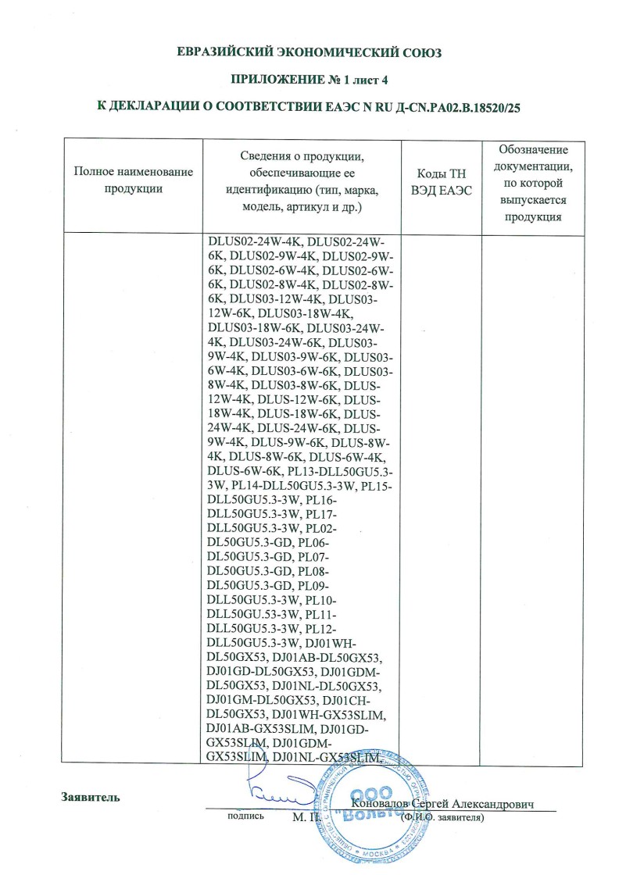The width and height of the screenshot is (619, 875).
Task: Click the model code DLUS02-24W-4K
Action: tap(252, 241)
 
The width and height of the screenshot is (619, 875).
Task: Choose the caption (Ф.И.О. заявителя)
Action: tap(442, 817)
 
